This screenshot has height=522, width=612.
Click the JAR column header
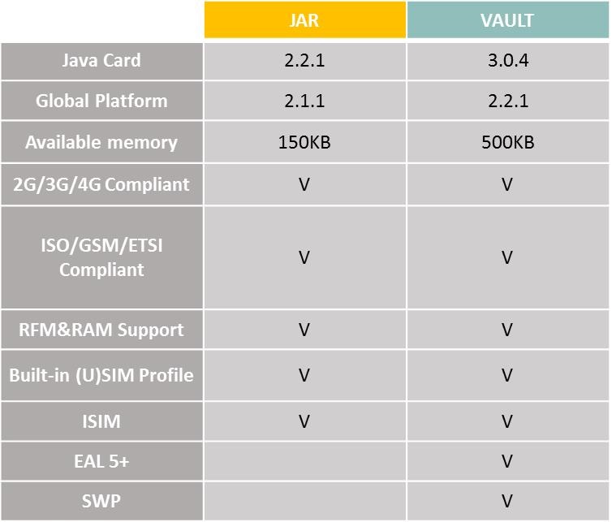click(304, 20)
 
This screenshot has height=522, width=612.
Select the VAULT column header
click(507, 20)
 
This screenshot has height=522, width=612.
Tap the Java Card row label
click(101, 61)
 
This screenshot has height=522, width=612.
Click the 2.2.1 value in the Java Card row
click(304, 61)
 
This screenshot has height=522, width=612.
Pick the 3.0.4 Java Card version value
click(508, 61)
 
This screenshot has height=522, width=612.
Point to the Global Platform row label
click(101, 101)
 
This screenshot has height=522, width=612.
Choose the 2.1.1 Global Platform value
click(304, 101)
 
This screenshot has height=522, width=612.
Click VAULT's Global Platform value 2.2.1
click(508, 101)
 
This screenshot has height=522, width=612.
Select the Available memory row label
click(101, 142)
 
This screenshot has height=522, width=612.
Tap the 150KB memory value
click(304, 142)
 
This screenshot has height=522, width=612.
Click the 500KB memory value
click(508, 142)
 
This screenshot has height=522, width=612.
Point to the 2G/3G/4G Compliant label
click(101, 184)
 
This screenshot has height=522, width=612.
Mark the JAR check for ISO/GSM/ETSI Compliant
click(304, 257)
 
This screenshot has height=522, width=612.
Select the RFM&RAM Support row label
click(101, 330)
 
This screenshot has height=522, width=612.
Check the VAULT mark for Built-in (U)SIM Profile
click(507, 375)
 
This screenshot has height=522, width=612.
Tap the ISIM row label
click(101, 421)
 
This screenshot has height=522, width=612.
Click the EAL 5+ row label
click(101, 461)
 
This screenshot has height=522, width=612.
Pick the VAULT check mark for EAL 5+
click(507, 461)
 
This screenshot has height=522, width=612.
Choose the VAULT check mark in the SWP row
click(507, 502)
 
